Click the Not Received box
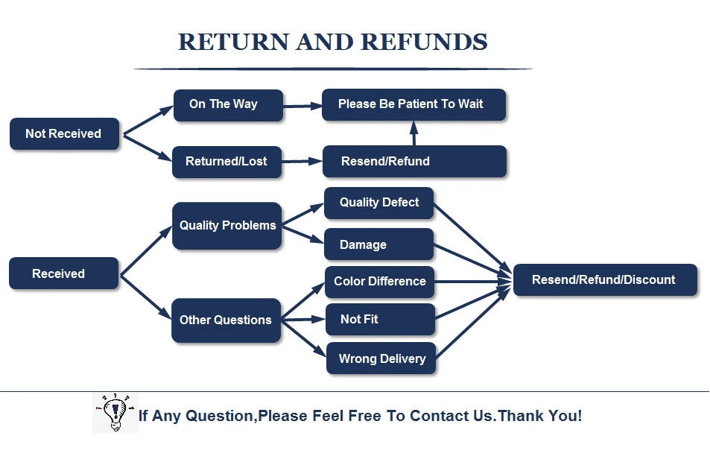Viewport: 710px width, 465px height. pyautogui.click(x=64, y=134)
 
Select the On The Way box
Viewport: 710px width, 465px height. pyautogui.click(x=228, y=105)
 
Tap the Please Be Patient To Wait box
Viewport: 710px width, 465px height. pyautogui.click(x=413, y=105)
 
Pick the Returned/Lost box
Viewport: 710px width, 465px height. pyautogui.click(x=226, y=162)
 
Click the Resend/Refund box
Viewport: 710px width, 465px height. pyautogui.click(x=413, y=162)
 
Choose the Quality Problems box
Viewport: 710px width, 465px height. pyautogui.click(x=226, y=226)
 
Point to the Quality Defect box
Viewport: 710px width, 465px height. pyautogui.click(x=378, y=203)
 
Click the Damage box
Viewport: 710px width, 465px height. pyautogui.click(x=378, y=244)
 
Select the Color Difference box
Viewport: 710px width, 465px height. pyautogui.click(x=379, y=282)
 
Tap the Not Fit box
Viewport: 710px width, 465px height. pyautogui.click(x=380, y=319)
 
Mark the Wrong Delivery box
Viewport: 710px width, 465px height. pyautogui.click(x=381, y=358)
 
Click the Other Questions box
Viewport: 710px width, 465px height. pyautogui.click(x=226, y=320)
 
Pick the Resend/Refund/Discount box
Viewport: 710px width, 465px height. pyautogui.click(x=604, y=280)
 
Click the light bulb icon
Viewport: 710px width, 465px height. pyautogui.click(x=114, y=412)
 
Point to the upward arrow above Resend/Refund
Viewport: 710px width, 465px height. pyautogui.click(x=414, y=133)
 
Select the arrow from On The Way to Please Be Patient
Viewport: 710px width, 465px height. pyautogui.click(x=302, y=106)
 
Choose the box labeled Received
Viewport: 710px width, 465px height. pyautogui.click(x=63, y=273)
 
